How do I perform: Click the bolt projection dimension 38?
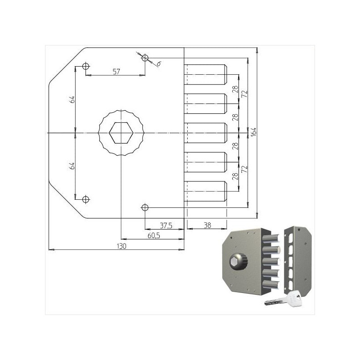point(208,225)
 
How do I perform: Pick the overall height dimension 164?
point(254,132)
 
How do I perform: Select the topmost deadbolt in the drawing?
point(205,74)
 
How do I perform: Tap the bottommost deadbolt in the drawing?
point(205,191)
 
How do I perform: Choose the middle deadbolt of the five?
point(205,133)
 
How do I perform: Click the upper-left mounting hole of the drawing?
point(85,67)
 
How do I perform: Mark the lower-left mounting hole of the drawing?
point(85,199)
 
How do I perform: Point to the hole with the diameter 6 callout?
point(145,58)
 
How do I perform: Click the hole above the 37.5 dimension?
point(145,207)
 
